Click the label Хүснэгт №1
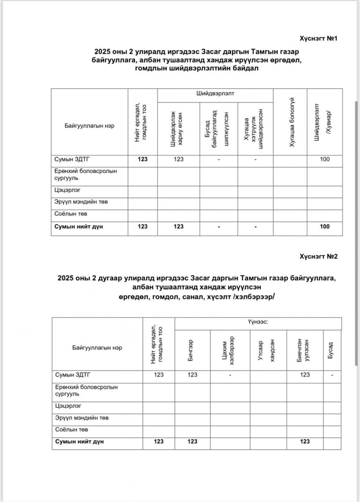pos(318,38)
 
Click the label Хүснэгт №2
pos(318,256)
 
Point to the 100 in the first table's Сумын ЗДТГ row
pos(324,159)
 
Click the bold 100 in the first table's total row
pos(324,226)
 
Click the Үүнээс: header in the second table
pos(258,323)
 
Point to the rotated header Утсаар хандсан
pos(266,350)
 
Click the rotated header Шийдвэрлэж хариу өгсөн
pos(176,128)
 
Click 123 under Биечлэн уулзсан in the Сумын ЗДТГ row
pos(305,375)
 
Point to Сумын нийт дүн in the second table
pos(79,441)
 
